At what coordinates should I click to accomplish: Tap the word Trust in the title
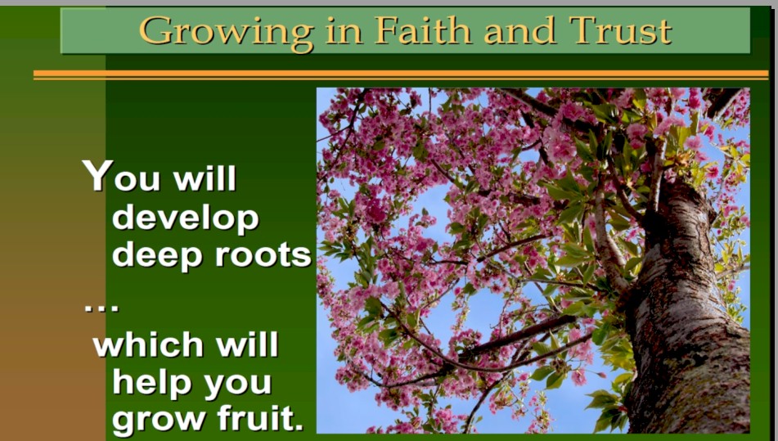point(620,30)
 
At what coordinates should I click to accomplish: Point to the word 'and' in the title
point(519,31)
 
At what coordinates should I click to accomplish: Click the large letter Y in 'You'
point(98,175)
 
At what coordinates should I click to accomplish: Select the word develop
point(186,218)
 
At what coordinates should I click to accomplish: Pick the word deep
point(157,255)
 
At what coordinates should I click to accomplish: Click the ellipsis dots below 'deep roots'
point(101,308)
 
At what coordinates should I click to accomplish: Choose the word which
point(148,344)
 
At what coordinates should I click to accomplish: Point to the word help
point(152,383)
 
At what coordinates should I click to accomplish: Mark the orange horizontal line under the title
point(401,74)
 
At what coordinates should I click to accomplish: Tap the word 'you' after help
point(238,385)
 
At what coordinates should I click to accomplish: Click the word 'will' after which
point(247,344)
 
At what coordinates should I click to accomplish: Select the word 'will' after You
point(205,178)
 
